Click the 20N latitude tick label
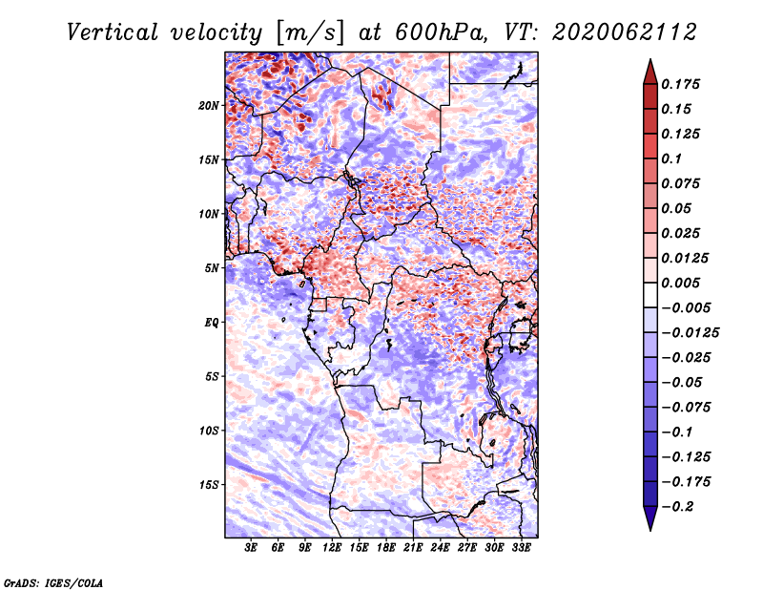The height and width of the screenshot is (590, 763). [209, 106]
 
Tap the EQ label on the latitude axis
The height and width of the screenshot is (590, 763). [212, 323]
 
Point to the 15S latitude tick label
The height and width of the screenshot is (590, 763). [209, 485]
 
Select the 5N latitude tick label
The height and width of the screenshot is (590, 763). [212, 268]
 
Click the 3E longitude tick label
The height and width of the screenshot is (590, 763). [251, 547]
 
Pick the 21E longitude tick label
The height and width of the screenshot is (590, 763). [413, 547]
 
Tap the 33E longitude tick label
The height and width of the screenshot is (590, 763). [521, 547]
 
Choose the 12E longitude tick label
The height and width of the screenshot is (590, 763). [331, 547]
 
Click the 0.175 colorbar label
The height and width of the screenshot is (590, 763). [680, 84]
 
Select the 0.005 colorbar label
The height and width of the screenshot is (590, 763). [680, 283]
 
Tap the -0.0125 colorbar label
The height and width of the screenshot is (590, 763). [690, 333]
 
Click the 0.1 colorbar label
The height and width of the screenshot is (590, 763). [671, 158]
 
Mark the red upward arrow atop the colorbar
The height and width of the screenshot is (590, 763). [650, 72]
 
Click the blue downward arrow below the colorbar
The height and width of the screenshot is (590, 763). [650, 518]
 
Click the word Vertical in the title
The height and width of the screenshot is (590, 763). [113, 32]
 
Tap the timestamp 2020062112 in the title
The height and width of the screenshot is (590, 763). [625, 32]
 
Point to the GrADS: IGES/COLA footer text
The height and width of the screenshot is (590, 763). [53, 582]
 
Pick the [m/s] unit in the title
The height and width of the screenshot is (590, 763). [310, 33]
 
